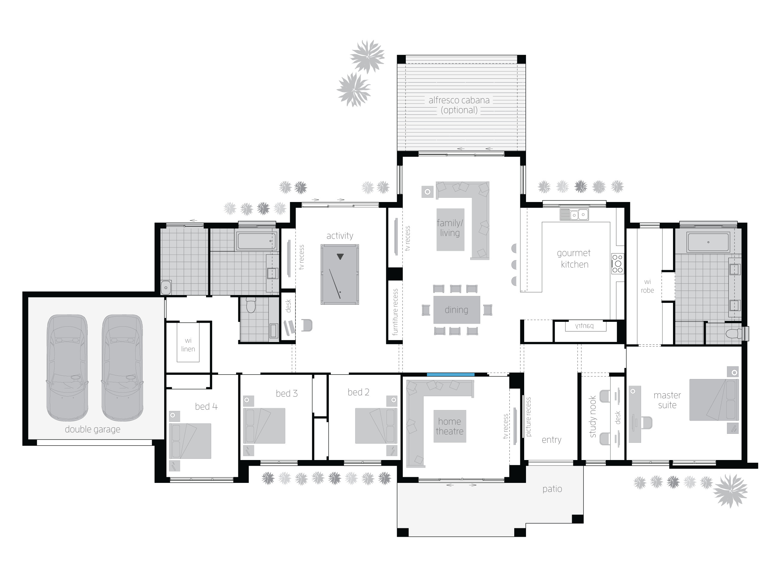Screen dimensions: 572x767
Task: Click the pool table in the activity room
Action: click(340, 274)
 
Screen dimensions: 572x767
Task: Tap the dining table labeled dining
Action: click(456, 309)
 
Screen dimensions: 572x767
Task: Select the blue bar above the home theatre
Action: click(450, 374)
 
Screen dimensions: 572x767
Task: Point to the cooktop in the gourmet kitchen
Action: click(617, 264)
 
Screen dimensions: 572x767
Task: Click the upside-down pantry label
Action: click(585, 326)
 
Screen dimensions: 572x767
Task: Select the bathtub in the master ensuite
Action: click(708, 242)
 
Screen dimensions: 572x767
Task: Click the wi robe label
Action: click(647, 286)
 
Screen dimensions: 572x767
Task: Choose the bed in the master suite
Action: click(714, 399)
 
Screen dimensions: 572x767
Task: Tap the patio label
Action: click(552, 489)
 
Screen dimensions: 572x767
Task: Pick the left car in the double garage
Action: click(67, 368)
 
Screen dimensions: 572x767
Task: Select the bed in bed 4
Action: click(190, 441)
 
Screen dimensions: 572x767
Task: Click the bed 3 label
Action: click(286, 393)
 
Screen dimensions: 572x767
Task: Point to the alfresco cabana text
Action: click(459, 101)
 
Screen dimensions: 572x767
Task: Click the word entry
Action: click(551, 440)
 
